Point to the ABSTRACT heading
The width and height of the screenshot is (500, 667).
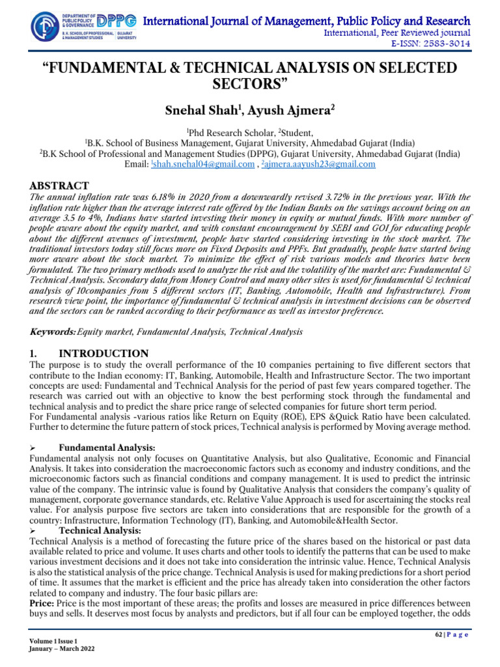tap(59, 186)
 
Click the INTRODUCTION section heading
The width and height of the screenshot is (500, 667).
tap(104, 353)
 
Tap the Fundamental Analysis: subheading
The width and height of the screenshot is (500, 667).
tap(107, 448)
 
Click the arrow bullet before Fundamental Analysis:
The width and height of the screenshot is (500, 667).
tap(33, 448)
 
